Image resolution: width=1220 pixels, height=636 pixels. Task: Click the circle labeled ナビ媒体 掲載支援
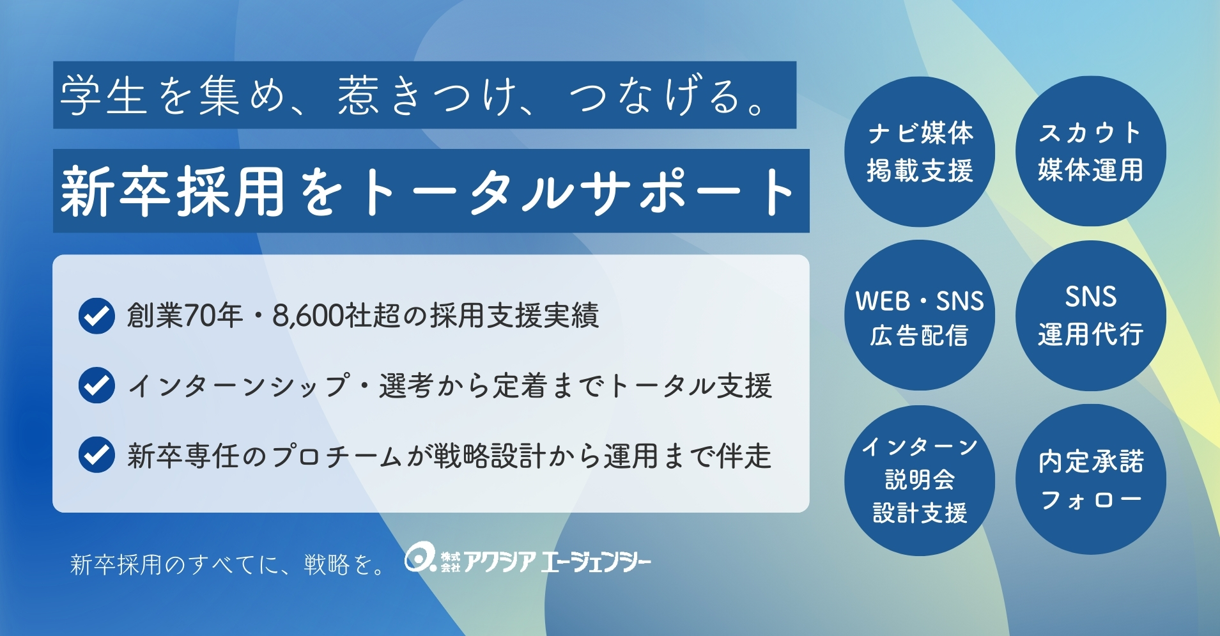click(x=920, y=151)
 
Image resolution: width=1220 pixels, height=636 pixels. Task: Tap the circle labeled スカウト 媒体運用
click(x=1091, y=151)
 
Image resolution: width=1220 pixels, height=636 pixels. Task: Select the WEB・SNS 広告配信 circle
click(x=920, y=316)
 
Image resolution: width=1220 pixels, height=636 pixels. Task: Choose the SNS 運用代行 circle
click(x=1091, y=316)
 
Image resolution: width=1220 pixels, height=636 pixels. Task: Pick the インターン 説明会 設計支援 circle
click(x=920, y=480)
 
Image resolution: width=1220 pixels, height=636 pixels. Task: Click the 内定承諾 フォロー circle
click(x=1091, y=480)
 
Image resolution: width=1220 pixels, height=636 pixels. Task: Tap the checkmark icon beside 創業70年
click(x=97, y=316)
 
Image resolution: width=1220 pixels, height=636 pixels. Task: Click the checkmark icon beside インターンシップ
click(x=97, y=385)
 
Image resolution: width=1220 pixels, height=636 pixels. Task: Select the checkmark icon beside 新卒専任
click(x=97, y=454)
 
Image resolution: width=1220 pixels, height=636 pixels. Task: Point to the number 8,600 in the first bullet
click(x=308, y=316)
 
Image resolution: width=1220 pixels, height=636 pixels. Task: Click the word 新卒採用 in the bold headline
click(x=173, y=191)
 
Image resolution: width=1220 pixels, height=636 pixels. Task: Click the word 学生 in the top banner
click(x=104, y=95)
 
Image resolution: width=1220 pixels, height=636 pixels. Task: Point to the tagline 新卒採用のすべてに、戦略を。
click(x=228, y=564)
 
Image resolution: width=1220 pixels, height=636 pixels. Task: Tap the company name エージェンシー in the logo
click(x=596, y=562)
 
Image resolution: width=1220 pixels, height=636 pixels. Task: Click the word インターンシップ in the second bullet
click(x=239, y=385)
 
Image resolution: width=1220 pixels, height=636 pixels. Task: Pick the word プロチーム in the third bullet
click(x=337, y=456)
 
